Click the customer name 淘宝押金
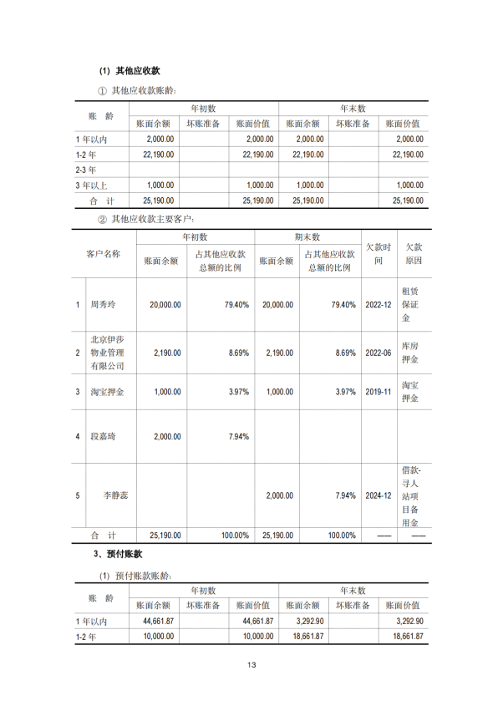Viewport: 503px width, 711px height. [x=106, y=392]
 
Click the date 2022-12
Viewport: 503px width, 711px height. [x=378, y=305]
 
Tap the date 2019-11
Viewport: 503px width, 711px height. [x=378, y=392]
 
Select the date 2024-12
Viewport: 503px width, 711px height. [x=378, y=495]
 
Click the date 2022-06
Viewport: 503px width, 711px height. [x=378, y=353]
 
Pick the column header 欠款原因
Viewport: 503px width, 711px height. [x=412, y=254]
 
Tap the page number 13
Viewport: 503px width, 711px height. [x=251, y=665]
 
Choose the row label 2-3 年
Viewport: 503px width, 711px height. [x=86, y=170]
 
